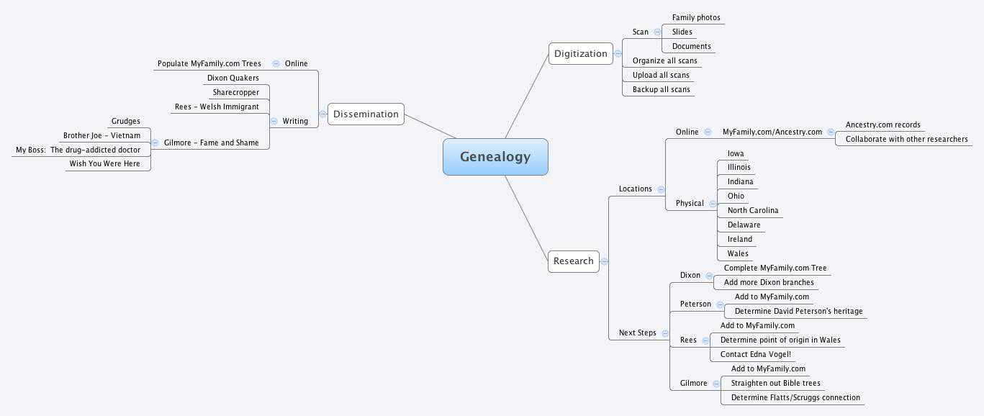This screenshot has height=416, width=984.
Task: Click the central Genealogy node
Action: [x=495, y=157]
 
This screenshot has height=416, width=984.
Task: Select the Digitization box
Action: [x=580, y=54]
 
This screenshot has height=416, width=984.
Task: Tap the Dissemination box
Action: [x=366, y=114]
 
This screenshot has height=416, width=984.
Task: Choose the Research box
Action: [x=573, y=261]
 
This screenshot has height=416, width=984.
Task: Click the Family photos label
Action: [x=696, y=17]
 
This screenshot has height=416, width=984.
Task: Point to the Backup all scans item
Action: [x=661, y=89]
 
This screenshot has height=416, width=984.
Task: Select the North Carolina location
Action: [x=752, y=210]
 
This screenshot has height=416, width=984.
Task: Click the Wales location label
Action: [x=738, y=253]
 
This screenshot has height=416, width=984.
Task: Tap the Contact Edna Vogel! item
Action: [x=755, y=354]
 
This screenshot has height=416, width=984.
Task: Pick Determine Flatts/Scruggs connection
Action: [x=795, y=397]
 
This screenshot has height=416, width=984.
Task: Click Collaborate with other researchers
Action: [x=906, y=139]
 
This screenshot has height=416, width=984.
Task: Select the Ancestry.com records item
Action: [x=883, y=125]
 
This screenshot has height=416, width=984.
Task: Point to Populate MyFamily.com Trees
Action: [x=209, y=63]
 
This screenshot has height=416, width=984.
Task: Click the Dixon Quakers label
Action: [x=233, y=78]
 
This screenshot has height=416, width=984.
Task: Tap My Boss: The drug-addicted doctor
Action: [x=78, y=150]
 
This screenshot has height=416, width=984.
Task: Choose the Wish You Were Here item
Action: [x=104, y=163]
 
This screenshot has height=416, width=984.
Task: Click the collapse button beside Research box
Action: [x=604, y=261]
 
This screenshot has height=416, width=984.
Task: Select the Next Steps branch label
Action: [x=637, y=333]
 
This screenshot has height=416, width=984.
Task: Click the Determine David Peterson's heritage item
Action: [x=798, y=311]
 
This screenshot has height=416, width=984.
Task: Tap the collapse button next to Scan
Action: [x=657, y=32]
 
